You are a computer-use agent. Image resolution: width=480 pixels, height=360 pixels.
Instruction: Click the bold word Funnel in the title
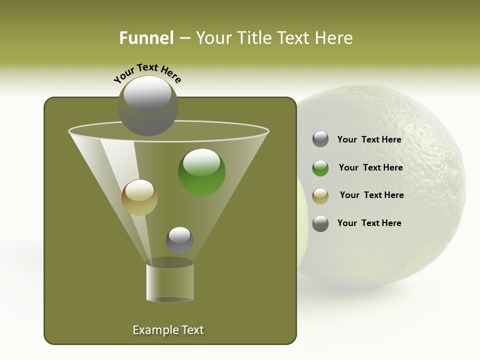pyautogui.click(x=146, y=38)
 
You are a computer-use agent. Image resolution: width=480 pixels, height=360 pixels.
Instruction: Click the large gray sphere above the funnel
pyautogui.click(x=147, y=106)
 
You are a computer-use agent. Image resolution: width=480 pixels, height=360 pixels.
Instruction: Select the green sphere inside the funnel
pyautogui.click(x=202, y=172)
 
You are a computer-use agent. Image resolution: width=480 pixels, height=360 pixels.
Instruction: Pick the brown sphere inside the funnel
pyautogui.click(x=139, y=197)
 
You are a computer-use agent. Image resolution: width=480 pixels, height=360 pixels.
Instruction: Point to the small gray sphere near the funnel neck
pyautogui.click(x=179, y=240)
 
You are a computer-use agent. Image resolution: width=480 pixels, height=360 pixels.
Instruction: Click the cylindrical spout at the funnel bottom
pyautogui.click(x=169, y=283)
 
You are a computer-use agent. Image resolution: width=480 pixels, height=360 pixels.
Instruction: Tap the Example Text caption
pyautogui.click(x=168, y=330)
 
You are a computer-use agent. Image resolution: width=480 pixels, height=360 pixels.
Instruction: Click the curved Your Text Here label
pyautogui.click(x=147, y=73)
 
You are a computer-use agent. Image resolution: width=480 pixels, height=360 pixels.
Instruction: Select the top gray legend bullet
pyautogui.click(x=320, y=139)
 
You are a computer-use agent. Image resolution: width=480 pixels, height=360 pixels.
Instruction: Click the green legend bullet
pyautogui.click(x=320, y=168)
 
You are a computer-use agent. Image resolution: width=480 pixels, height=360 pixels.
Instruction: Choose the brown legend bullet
pyautogui.click(x=320, y=195)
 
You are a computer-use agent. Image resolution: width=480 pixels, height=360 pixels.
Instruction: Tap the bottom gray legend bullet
pyautogui.click(x=320, y=223)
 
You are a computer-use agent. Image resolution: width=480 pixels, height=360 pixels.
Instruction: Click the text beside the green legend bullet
pyautogui.click(x=370, y=167)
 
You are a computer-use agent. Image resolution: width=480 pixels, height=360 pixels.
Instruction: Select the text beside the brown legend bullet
pyautogui.click(x=371, y=195)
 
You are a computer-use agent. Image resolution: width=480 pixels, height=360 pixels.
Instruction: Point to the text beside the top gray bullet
pyautogui.click(x=369, y=139)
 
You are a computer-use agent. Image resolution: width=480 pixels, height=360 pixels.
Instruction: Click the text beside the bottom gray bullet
pyautogui.click(x=369, y=223)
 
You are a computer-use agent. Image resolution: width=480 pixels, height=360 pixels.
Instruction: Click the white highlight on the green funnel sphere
pyautogui.click(x=201, y=161)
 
